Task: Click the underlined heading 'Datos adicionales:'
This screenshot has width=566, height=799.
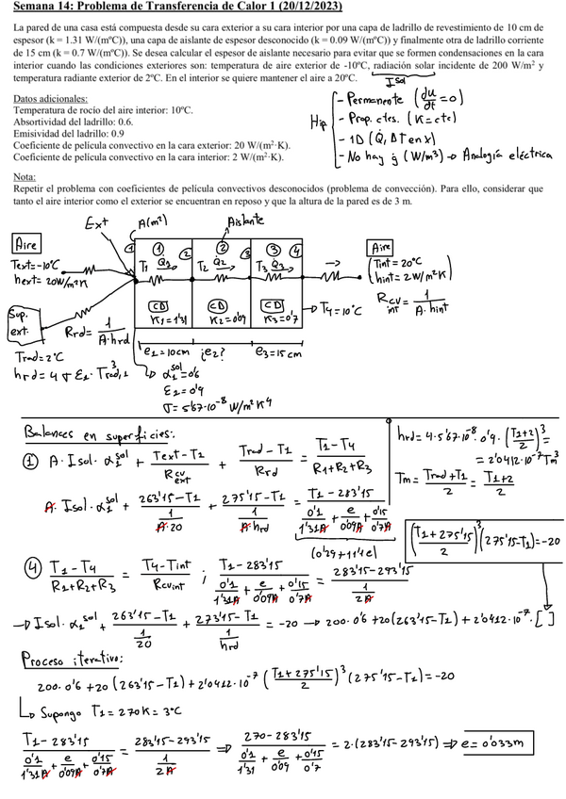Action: pos(46,98)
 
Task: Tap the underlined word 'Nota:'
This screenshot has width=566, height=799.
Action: pos(26,177)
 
